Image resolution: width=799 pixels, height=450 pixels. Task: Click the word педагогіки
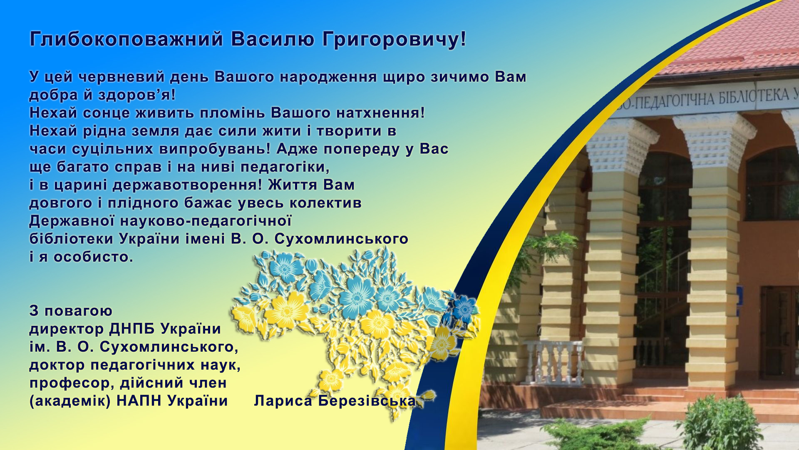pos(285,167)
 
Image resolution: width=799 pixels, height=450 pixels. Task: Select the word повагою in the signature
pos(78,311)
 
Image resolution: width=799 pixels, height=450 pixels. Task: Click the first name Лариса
pos(283,401)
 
